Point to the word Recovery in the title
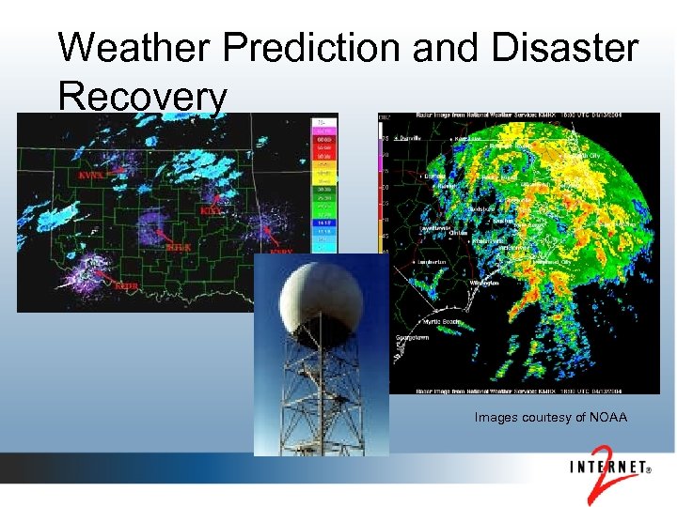pyautogui.click(x=142, y=96)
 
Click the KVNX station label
pyautogui.click(x=91, y=175)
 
